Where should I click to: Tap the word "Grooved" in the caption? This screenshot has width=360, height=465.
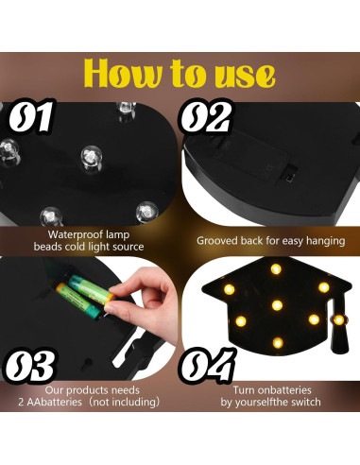tap(218, 241)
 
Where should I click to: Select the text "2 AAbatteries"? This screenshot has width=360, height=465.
tap(77, 402)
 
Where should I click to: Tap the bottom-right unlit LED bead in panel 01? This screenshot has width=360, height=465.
tap(145, 211)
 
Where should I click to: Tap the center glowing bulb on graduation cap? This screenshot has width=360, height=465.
tap(276, 304)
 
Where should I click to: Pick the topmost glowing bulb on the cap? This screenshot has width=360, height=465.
tap(276, 269)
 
